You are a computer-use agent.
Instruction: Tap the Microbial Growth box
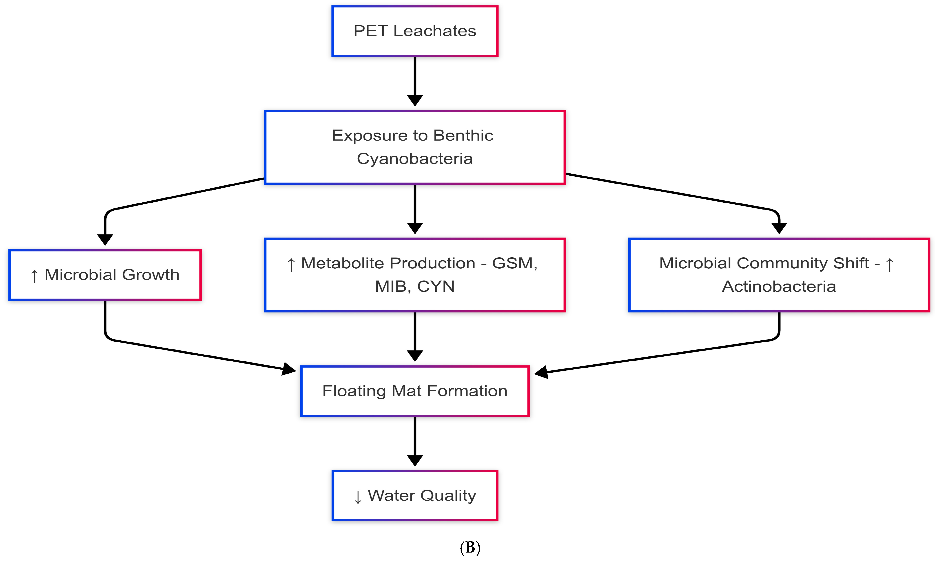(x=105, y=275)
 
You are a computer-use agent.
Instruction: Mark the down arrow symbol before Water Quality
(x=357, y=497)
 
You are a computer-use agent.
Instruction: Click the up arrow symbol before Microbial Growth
(x=35, y=276)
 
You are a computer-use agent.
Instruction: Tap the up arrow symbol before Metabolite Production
(x=291, y=264)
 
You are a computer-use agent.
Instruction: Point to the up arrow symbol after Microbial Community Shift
(x=889, y=264)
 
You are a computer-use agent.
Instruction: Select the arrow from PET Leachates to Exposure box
(x=415, y=80)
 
